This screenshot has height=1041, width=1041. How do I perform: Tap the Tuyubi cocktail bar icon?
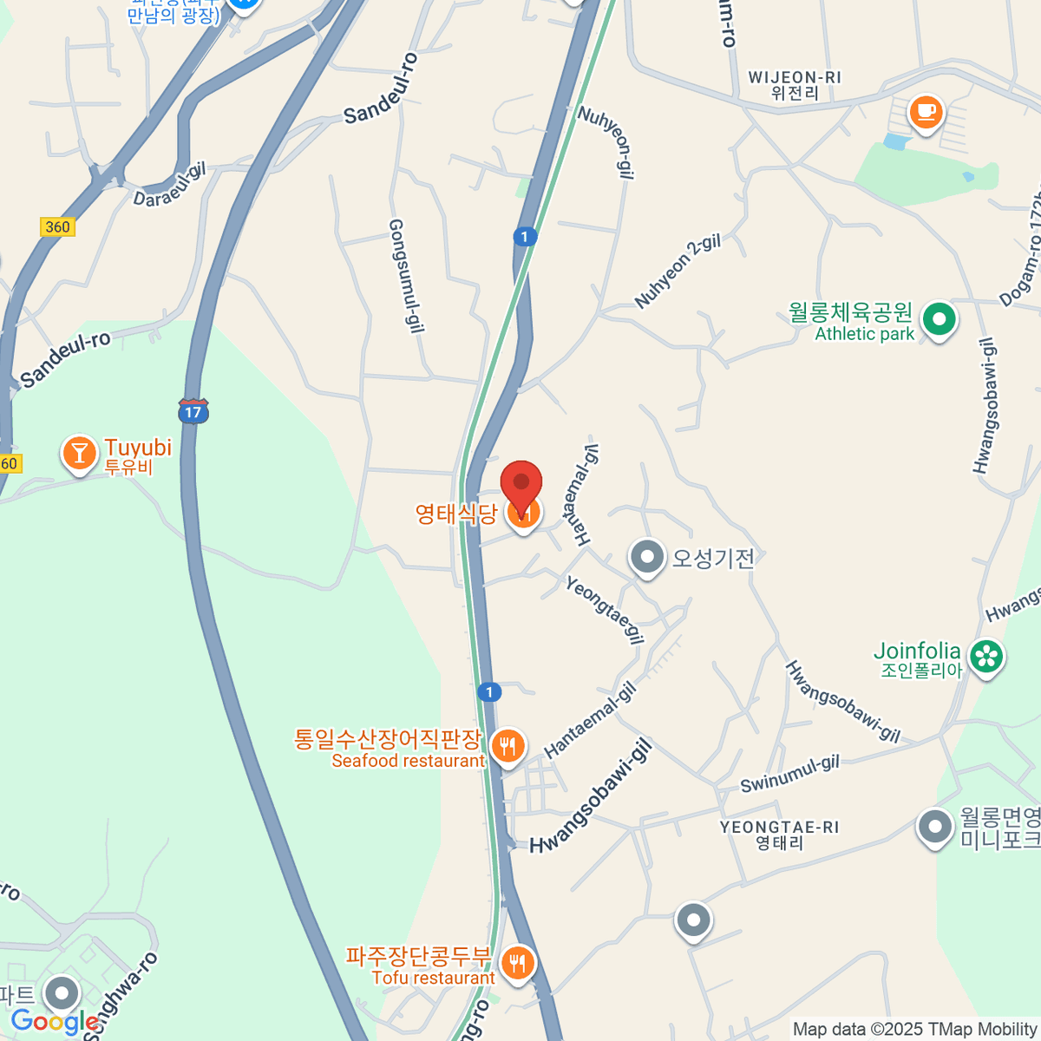[79, 453]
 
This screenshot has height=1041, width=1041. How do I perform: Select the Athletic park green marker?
[938, 319]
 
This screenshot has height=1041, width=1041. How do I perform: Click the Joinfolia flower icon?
[986, 657]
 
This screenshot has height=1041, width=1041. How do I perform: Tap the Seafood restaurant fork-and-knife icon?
[507, 745]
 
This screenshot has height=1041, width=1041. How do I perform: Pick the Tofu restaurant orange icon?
[518, 962]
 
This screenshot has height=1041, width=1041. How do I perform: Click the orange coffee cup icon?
[926, 112]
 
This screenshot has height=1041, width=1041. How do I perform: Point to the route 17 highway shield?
[193, 411]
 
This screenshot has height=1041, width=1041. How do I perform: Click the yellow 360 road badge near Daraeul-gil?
[57, 227]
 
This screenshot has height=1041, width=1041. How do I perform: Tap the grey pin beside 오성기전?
[646, 557]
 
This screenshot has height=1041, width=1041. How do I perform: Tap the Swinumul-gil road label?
[789, 774]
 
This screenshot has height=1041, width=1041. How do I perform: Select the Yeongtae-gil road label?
[605, 610]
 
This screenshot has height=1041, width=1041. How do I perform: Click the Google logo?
[55, 1022]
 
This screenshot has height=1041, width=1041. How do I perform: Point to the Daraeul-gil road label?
[169, 185]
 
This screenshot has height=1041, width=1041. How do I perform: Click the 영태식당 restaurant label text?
[456, 514]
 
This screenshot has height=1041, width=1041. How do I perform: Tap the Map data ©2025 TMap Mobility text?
[914, 1030]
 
